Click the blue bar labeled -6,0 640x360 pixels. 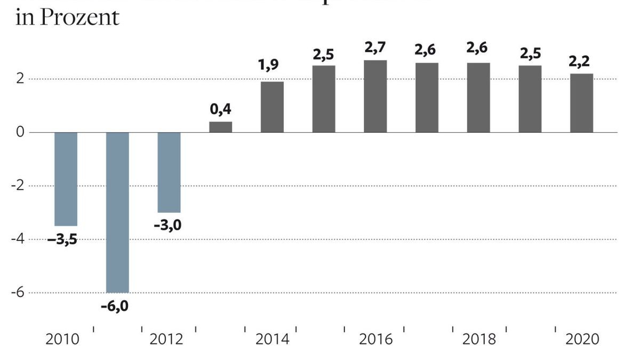(117, 212)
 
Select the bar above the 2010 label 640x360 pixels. (66, 179)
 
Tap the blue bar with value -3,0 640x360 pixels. (169, 172)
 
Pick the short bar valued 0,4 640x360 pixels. (220, 127)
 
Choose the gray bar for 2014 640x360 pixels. (272, 107)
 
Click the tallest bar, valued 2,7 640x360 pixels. (375, 96)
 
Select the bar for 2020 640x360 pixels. (581, 103)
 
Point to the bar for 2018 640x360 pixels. (478, 98)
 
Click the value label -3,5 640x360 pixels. (62, 239)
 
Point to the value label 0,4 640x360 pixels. (220, 109)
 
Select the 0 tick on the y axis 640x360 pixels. (20, 132)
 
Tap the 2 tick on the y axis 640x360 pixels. (20, 79)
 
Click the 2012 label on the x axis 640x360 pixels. (166, 339)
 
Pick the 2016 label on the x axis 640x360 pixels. (375, 339)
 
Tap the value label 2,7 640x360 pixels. (375, 48)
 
